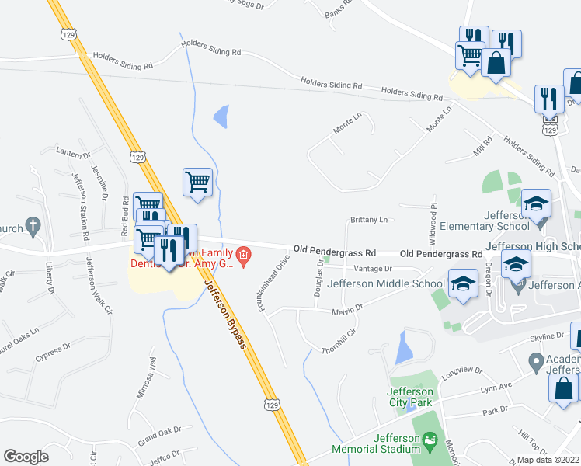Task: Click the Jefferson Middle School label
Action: pos(385,283)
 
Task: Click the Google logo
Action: pos(26,457)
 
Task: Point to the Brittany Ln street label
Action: pos(368,221)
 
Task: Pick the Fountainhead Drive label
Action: pos(273,283)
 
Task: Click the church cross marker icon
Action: pos(33,227)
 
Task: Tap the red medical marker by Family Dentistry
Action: pos(243,255)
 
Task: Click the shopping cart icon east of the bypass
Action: pos(198,183)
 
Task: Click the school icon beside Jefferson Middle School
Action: pos(464,283)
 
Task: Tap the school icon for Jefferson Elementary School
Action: pos(536,205)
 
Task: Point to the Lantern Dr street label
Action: pos(74,154)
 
